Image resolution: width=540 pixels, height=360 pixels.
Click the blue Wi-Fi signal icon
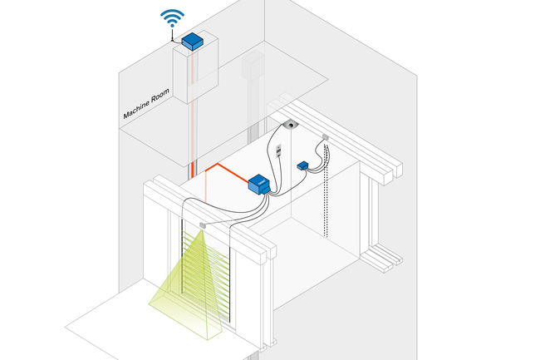(172, 18)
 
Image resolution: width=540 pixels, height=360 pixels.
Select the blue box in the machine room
(192, 42)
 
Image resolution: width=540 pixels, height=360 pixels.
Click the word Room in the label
(161, 94)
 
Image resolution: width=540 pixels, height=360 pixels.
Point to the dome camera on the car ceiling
(291, 125)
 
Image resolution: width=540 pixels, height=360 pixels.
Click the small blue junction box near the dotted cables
(302, 165)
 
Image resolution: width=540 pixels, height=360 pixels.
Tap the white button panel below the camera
(279, 150)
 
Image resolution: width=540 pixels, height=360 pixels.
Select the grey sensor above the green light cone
(203, 225)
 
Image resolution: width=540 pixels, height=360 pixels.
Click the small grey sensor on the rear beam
(326, 137)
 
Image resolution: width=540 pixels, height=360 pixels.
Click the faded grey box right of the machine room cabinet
(253, 66)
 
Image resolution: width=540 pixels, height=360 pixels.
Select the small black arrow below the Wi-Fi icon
(172, 34)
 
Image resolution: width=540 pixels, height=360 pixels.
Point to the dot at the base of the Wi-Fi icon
(172, 26)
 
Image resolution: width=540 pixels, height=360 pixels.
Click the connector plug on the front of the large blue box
(266, 189)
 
